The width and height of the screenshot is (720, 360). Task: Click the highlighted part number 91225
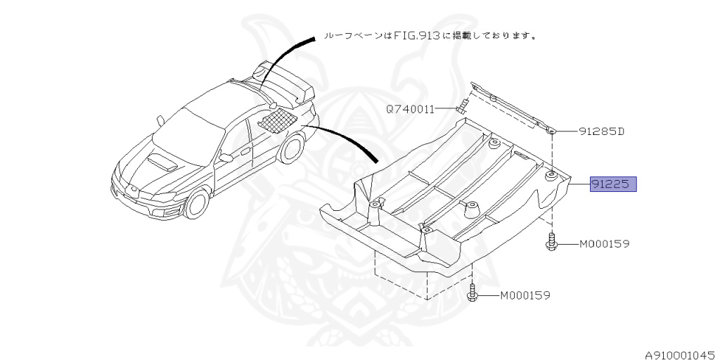pyautogui.click(x=613, y=185)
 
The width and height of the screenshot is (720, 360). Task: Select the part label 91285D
pyautogui.click(x=602, y=131)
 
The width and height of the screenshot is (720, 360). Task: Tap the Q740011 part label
pyautogui.click(x=410, y=109)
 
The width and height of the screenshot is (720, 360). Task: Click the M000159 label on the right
pyautogui.click(x=604, y=244)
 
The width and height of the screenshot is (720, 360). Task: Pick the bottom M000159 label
pyautogui.click(x=525, y=296)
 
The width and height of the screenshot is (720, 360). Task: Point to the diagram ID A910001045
pyautogui.click(x=681, y=354)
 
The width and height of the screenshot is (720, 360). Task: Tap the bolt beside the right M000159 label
pyautogui.click(x=552, y=242)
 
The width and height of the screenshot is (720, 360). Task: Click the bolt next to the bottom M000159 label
pyautogui.click(x=472, y=293)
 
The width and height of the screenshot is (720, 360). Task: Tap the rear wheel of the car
pyautogui.click(x=293, y=148)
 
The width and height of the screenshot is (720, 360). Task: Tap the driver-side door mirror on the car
pyautogui.click(x=226, y=158)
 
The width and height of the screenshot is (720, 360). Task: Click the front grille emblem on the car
pyautogui.click(x=131, y=189)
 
